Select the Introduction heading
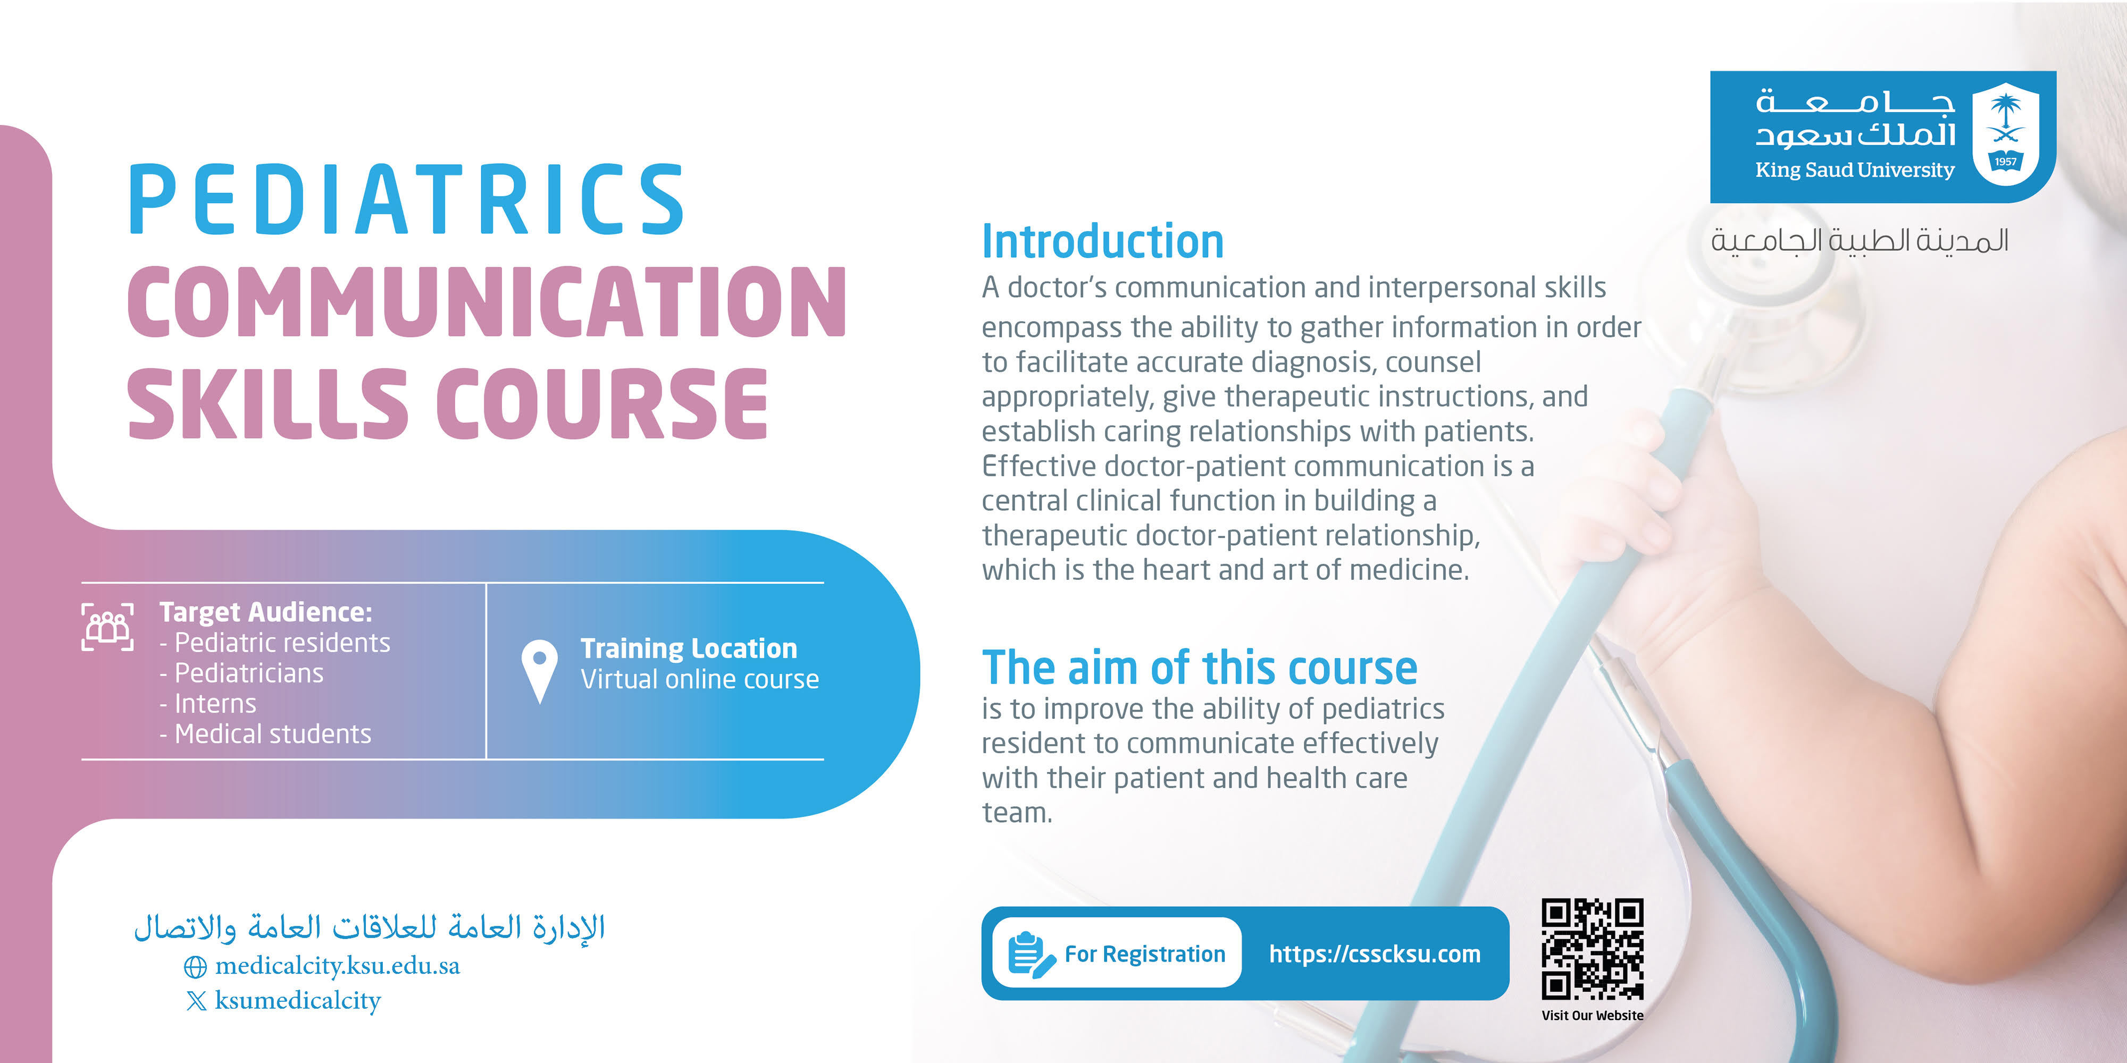click(x=1102, y=242)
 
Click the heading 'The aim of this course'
click(x=1199, y=668)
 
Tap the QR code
click(x=1592, y=949)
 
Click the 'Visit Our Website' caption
click(x=1592, y=1015)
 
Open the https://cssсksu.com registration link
click(x=1375, y=954)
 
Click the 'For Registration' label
click(x=1144, y=954)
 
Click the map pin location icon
click(x=539, y=671)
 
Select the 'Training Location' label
click(x=689, y=648)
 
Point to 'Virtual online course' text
click(x=699, y=679)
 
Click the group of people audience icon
click(x=107, y=627)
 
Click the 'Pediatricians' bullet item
click(x=241, y=673)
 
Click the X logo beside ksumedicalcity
click(x=197, y=1001)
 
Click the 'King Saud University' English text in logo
click(x=1855, y=171)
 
